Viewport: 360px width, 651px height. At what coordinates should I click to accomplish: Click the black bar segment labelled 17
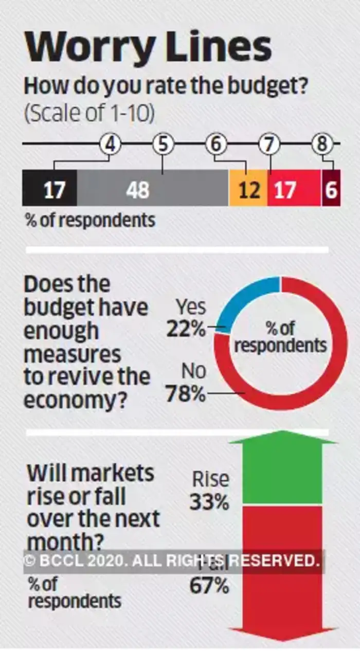(x=49, y=188)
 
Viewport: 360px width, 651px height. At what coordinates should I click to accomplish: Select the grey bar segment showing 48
(x=153, y=188)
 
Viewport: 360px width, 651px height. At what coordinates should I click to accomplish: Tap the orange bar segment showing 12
(x=248, y=188)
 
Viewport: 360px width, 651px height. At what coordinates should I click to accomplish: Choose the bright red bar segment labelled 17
(x=294, y=188)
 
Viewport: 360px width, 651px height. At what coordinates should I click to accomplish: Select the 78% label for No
(x=186, y=395)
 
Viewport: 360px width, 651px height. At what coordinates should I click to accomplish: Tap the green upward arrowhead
(x=282, y=441)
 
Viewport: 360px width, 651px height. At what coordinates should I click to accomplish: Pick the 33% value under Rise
(x=209, y=502)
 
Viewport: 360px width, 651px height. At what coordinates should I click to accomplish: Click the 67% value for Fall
(x=209, y=586)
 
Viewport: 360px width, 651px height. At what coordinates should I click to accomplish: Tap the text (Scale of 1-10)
(x=89, y=114)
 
